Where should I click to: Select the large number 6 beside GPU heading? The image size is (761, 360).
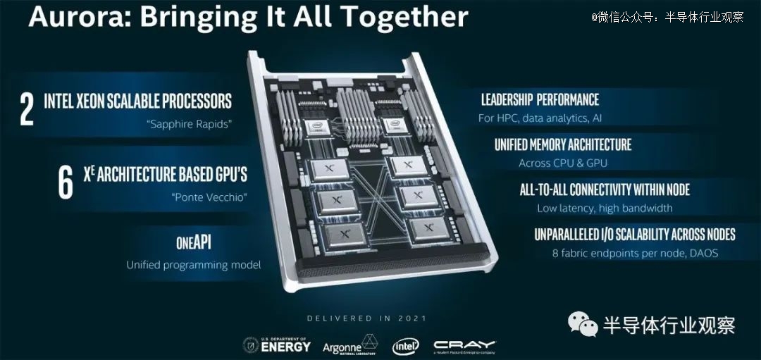click(x=66, y=182)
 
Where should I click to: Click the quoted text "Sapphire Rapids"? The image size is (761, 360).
click(x=189, y=125)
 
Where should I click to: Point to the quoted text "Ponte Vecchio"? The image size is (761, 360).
click(x=209, y=197)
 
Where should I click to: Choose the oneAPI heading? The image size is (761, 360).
click(x=194, y=243)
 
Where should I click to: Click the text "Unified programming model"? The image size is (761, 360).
click(x=194, y=265)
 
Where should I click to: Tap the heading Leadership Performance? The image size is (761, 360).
click(x=540, y=100)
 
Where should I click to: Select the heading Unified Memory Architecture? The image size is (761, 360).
click(x=563, y=145)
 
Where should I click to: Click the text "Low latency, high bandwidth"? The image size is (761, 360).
click(x=605, y=208)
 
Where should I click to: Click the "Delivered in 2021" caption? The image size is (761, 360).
click(x=366, y=318)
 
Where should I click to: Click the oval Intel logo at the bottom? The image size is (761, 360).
click(x=406, y=346)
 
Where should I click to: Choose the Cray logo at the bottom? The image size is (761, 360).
click(x=464, y=345)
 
